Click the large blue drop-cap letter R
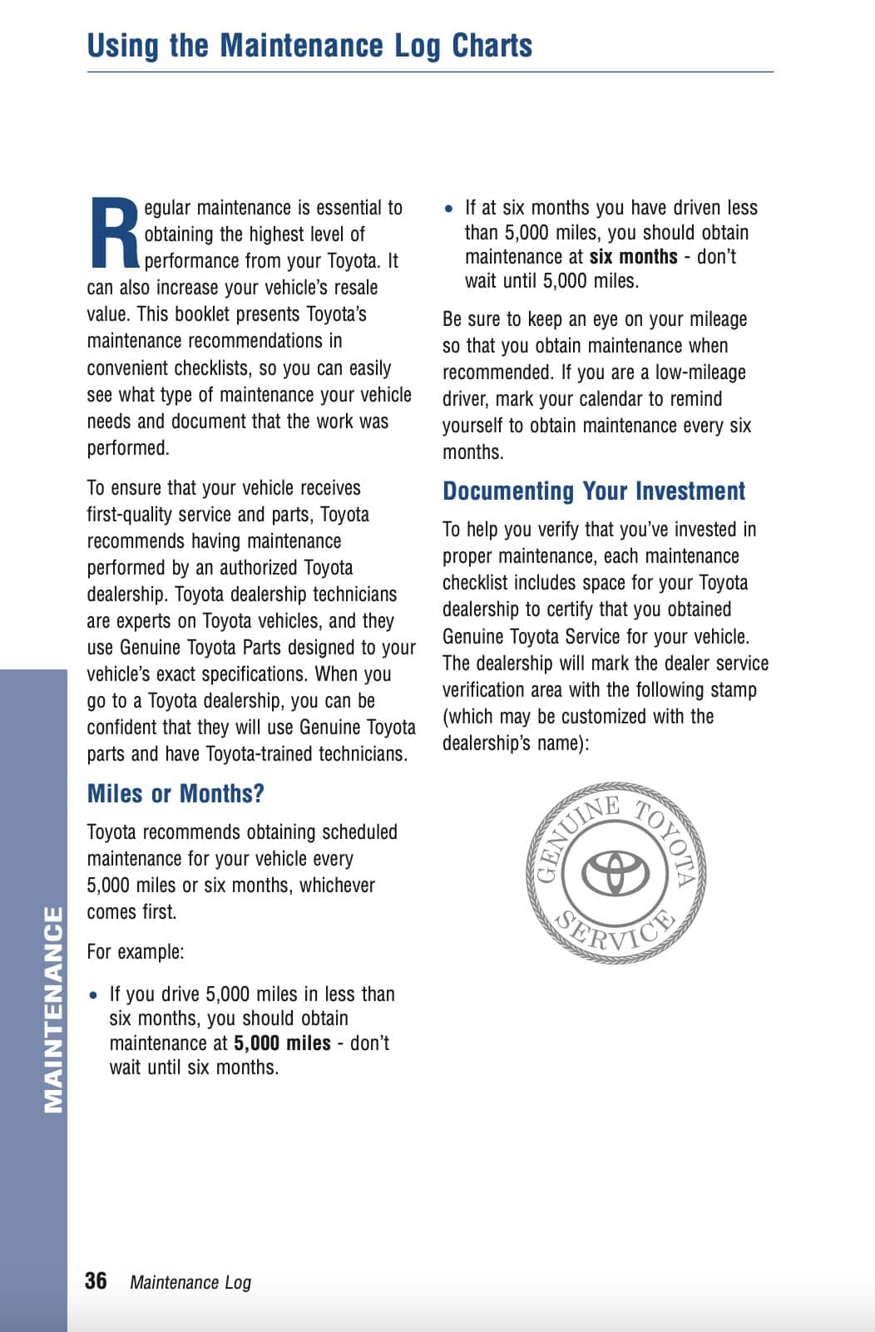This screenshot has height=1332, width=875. [113, 234]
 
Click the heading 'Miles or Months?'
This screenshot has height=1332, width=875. [175, 793]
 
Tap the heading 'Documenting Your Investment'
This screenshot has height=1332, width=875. [594, 491]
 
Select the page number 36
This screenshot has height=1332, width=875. [96, 1280]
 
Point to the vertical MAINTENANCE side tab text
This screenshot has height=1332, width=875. [52, 1009]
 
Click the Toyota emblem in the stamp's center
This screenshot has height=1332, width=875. [615, 871]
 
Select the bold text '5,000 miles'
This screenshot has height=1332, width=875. [282, 1043]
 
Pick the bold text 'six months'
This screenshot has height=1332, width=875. [633, 257]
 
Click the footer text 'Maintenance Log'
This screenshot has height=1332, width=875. [190, 1282]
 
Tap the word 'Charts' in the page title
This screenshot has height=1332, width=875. [492, 46]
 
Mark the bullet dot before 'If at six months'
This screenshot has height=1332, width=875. [449, 209]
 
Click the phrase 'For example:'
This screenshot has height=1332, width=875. [136, 952]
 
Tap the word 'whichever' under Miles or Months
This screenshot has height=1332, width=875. [337, 886]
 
